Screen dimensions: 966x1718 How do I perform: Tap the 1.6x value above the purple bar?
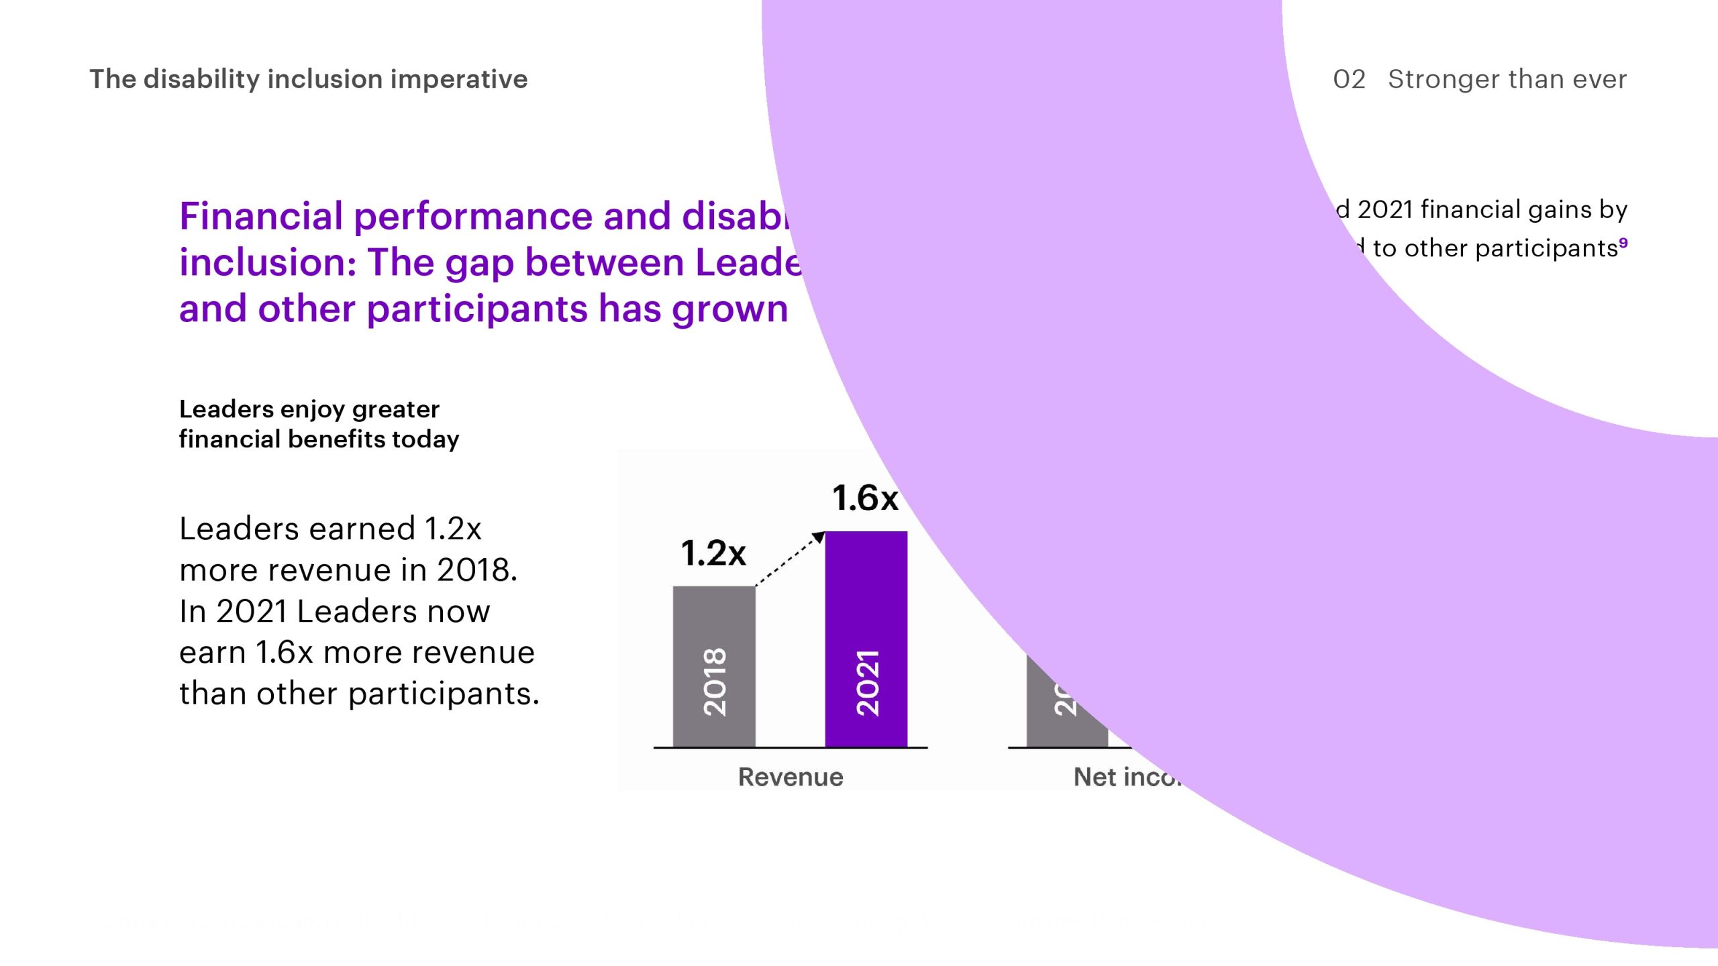865,498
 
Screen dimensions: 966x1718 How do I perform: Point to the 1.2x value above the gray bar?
713,553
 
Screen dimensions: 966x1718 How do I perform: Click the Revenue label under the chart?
791,777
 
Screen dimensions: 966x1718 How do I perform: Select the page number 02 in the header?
1349,79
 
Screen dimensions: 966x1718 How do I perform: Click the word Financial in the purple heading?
261,216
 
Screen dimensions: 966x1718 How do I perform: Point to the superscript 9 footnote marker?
1623,242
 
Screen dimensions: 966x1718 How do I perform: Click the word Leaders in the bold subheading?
227,409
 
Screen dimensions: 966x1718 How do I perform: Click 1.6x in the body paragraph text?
285,653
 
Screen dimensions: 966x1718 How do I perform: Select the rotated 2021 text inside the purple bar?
867,682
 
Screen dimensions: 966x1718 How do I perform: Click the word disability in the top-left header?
202,79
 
